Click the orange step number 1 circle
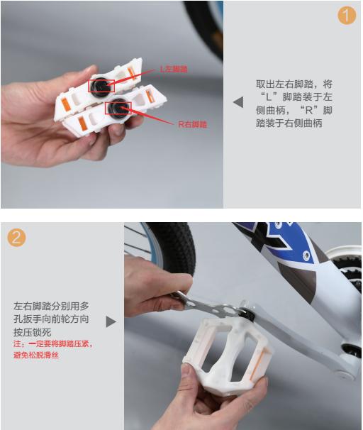pos(346,15)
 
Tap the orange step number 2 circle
pos(17,237)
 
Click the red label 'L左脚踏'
pos(173,69)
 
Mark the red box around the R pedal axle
pos(116,107)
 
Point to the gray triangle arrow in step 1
pos(238,102)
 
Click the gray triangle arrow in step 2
pos(111,321)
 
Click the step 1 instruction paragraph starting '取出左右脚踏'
pos(294,103)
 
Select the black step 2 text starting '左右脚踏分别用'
pos(51,319)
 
